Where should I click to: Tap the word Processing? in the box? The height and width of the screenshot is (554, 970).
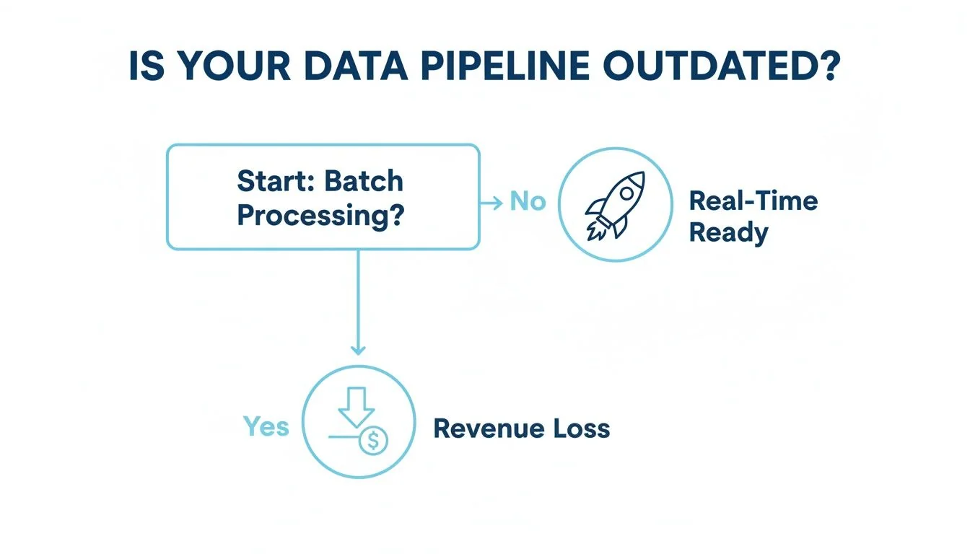click(x=320, y=215)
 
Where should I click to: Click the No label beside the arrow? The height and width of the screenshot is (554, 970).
click(x=528, y=201)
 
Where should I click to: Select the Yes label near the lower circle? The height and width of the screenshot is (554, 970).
click(x=266, y=426)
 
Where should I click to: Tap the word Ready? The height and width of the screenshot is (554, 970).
click(x=728, y=233)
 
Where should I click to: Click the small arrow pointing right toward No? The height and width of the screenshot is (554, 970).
click(x=492, y=203)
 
